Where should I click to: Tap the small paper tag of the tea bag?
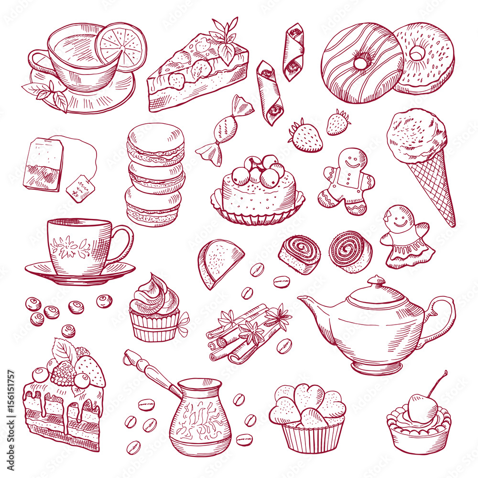(x=80, y=188)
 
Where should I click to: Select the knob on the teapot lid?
(x=377, y=281)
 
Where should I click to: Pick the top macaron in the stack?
(x=156, y=138)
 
